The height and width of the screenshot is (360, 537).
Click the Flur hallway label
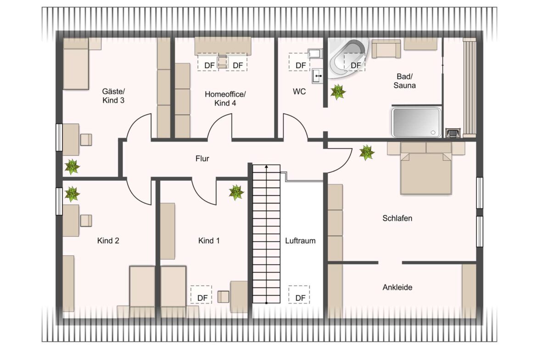[202, 158]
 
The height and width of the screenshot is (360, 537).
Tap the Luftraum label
[300, 241]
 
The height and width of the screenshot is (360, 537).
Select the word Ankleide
[397, 288]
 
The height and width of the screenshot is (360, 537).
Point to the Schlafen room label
[397, 218]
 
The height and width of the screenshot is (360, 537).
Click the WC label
[299, 91]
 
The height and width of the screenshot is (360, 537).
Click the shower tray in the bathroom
[416, 122]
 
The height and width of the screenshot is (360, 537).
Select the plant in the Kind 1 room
[236, 192]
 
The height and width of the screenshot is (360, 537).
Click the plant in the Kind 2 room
[72, 194]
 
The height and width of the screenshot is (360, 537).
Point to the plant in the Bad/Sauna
[338, 92]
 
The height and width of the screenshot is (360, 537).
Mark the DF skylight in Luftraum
[299, 294]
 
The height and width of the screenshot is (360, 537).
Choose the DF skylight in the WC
[299, 62]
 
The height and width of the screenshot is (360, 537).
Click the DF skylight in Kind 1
[201, 294]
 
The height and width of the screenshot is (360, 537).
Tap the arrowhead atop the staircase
[267, 167]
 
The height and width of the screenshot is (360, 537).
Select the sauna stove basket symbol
[453, 133]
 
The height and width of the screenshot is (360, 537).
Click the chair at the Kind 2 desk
[86, 221]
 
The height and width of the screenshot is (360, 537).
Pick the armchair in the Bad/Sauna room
[386, 49]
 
